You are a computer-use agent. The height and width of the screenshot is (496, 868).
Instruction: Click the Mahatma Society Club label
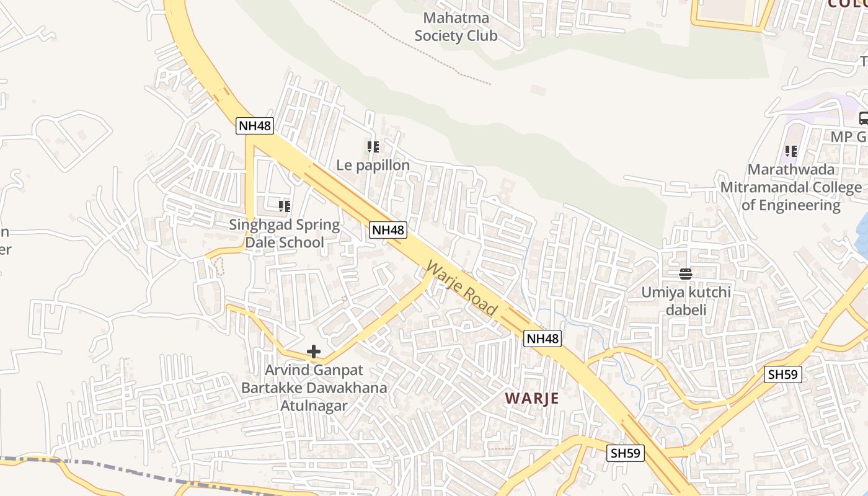(456, 27)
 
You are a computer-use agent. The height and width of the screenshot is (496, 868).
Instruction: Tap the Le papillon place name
(373, 165)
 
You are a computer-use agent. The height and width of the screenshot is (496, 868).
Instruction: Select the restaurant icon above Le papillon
(373, 147)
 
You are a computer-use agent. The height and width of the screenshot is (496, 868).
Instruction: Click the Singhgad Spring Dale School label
(285, 233)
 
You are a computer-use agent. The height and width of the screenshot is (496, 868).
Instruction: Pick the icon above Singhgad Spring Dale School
(285, 206)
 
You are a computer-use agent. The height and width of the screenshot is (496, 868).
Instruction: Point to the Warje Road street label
(462, 288)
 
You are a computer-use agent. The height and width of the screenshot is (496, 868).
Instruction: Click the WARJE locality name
(531, 398)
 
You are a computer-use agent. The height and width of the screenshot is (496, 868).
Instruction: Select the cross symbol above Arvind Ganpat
(314, 352)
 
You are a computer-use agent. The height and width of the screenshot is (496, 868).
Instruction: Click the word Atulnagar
(314, 406)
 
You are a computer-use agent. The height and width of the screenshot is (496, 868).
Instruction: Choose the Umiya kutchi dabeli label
(686, 300)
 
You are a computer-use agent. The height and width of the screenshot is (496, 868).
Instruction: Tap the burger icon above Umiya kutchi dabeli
(686, 273)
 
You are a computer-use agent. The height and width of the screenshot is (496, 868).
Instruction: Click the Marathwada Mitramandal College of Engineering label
(790, 187)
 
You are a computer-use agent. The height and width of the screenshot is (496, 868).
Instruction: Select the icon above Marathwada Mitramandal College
(790, 151)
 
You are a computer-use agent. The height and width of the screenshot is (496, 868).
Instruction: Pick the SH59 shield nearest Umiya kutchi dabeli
(783, 374)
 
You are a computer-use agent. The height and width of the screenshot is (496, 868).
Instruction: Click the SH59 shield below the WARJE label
(626, 453)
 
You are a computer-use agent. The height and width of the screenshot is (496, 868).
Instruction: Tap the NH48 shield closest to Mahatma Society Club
(255, 126)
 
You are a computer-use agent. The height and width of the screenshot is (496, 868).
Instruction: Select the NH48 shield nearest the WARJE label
(542, 339)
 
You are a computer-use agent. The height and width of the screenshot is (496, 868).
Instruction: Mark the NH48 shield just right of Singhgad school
(388, 230)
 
